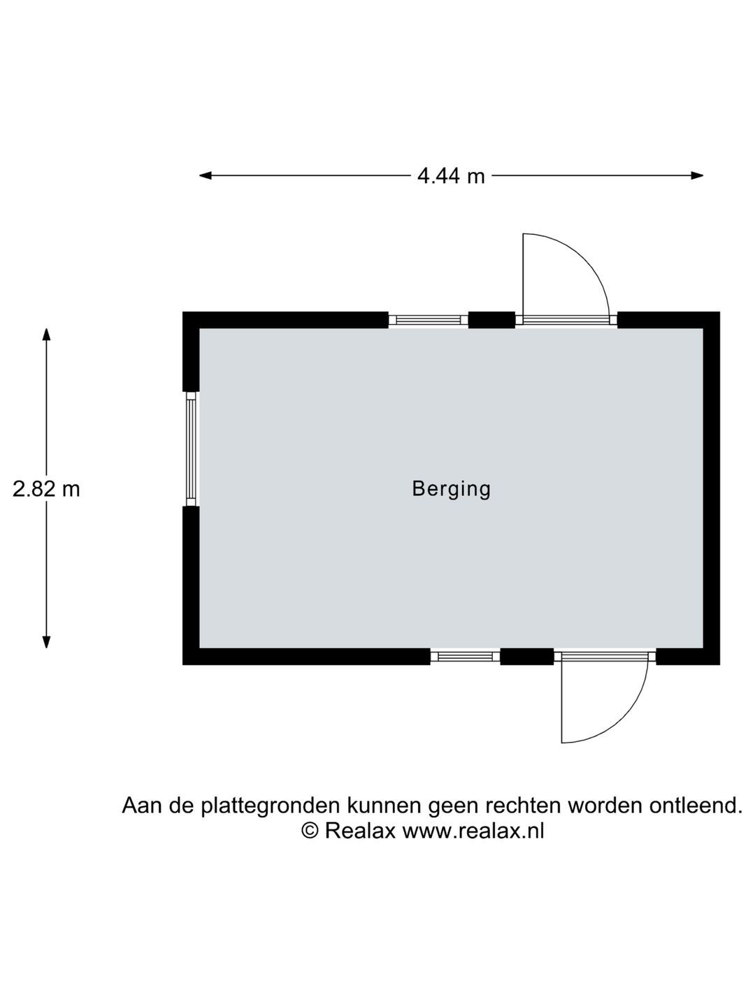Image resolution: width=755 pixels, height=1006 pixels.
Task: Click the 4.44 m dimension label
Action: [x=451, y=176]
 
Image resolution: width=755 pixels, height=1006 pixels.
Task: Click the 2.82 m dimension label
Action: [x=46, y=489]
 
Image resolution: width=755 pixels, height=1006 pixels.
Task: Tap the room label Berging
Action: [x=451, y=489]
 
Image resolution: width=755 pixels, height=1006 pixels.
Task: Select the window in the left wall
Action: [x=191, y=449]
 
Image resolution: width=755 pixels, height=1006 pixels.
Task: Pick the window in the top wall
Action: [x=428, y=320]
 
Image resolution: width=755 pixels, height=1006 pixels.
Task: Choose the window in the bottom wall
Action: [x=465, y=657]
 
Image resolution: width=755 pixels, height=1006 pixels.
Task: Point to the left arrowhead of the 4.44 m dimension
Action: [x=205, y=175]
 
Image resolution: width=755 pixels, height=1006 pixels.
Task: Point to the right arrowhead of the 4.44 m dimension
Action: [x=697, y=175]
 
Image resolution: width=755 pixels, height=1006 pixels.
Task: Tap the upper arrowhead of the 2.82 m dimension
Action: [x=46, y=335]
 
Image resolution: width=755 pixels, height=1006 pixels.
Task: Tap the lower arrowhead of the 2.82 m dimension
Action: [x=46, y=642]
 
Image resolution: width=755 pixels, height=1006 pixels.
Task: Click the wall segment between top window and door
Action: [x=491, y=320]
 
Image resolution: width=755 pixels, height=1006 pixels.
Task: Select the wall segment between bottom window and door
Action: [x=526, y=657]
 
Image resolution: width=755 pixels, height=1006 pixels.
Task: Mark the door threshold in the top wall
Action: [x=566, y=320]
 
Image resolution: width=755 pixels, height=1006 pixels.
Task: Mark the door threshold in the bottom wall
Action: [x=605, y=657]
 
